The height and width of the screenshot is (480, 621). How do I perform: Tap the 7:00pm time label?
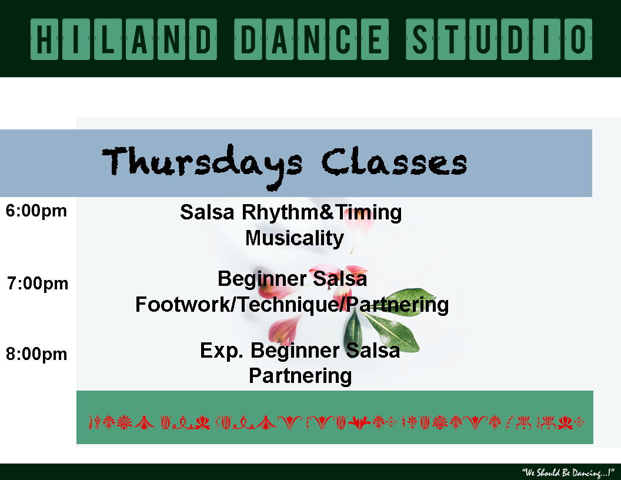coord(38,284)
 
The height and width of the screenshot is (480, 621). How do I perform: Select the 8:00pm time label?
coord(36,355)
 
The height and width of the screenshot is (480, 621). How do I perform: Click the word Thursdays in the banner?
coord(202,165)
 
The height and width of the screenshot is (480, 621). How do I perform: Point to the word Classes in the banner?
coord(394,162)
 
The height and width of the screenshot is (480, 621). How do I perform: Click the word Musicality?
coord(294,238)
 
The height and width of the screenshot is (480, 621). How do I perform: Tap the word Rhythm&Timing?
coord(322,213)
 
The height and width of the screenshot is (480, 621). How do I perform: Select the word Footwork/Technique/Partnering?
coord(292,305)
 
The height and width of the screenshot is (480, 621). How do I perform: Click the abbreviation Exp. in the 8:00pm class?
coord(222,351)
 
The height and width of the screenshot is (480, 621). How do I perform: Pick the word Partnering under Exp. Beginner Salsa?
coord(300,376)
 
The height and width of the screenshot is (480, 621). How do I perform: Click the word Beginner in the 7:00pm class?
coord(263,279)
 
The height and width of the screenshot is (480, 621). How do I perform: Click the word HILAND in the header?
coord(123,39)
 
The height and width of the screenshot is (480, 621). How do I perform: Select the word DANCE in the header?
coord(311,39)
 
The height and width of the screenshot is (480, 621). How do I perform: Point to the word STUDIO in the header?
coord(499,39)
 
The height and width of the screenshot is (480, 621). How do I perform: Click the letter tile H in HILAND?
coord(44,39)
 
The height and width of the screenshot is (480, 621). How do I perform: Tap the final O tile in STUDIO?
coord(578,39)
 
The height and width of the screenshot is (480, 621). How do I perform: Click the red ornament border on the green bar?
coord(336,422)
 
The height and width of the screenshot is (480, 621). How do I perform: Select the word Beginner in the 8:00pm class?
coord(295,351)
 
